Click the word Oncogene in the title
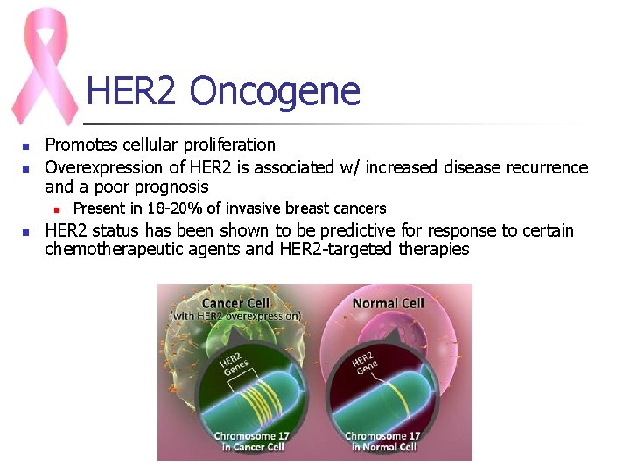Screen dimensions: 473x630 click(274, 91)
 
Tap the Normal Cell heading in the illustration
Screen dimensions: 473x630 click(388, 303)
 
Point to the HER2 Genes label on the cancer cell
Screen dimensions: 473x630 click(234, 365)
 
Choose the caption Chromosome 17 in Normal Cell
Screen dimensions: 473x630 click(382, 441)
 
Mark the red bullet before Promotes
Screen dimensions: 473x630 click(27, 146)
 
